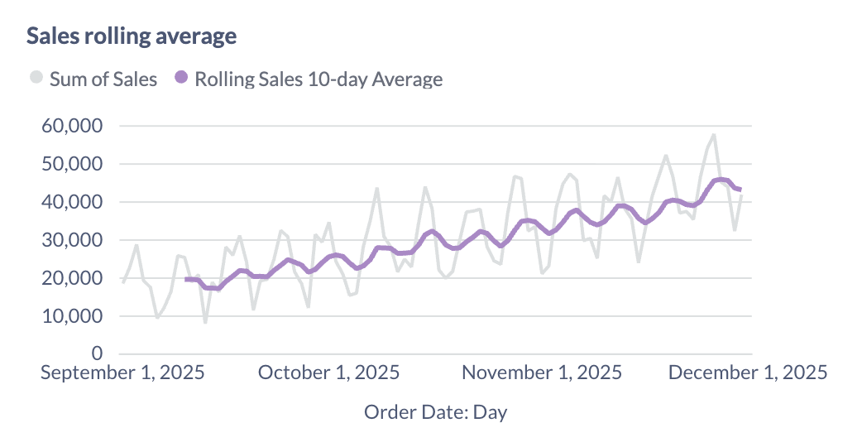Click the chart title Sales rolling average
click(x=132, y=36)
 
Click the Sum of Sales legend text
click(x=103, y=79)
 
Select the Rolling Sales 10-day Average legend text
click(x=318, y=79)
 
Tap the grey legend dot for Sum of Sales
click(x=36, y=79)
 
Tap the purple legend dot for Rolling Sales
click(x=181, y=79)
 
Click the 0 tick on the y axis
click(x=96, y=354)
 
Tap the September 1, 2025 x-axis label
click(x=122, y=373)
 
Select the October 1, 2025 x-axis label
click(x=328, y=373)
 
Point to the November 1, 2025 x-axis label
click(x=543, y=373)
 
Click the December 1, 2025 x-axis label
click(x=747, y=373)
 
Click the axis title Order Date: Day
click(x=435, y=412)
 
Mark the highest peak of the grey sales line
click(x=713, y=135)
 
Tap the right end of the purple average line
click(x=740, y=190)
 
